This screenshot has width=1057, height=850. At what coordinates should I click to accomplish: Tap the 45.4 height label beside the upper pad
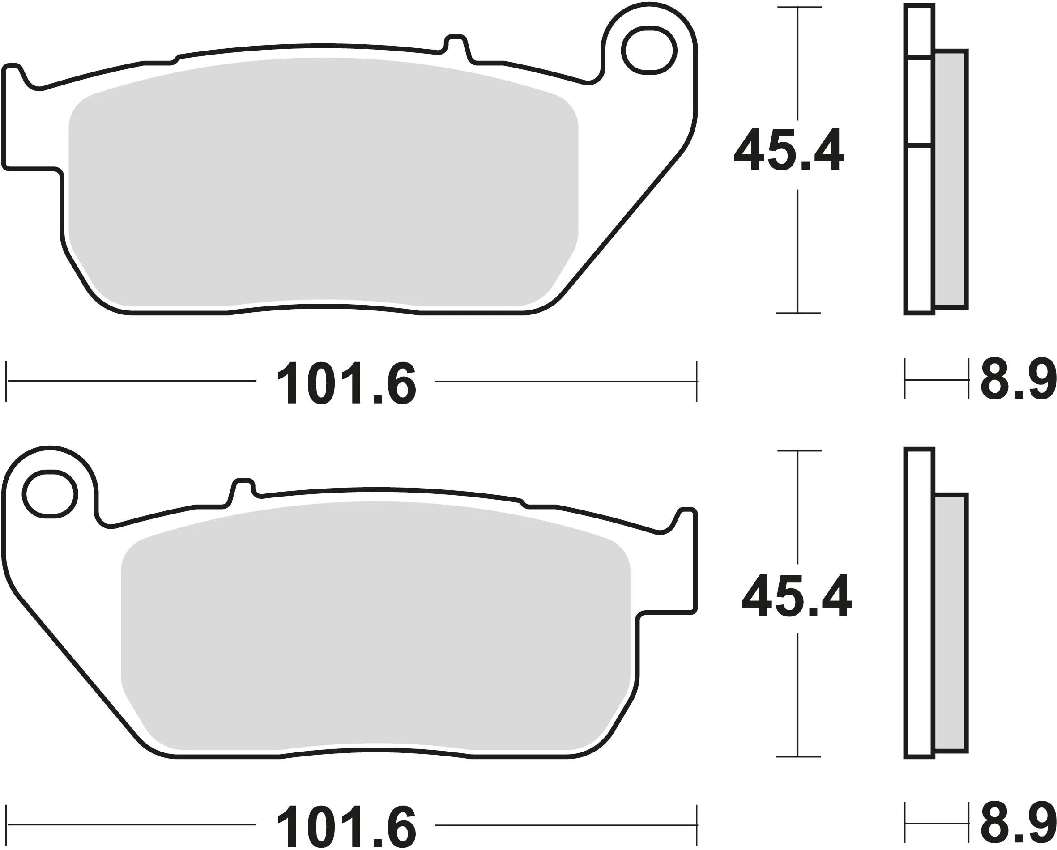[789, 149]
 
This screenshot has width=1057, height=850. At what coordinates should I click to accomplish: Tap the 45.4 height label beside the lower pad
[797, 595]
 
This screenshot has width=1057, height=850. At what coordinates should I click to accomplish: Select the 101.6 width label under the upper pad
[346, 383]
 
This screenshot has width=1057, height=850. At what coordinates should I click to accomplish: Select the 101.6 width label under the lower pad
[346, 825]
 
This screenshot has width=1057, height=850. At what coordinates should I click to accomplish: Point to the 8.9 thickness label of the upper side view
[1018, 380]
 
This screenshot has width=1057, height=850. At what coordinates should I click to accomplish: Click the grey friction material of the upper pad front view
[324, 181]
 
